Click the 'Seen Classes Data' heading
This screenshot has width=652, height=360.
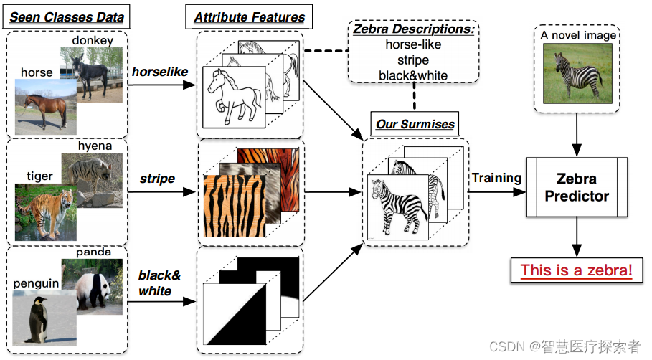(x=67, y=17)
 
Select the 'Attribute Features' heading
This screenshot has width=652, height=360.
(x=249, y=17)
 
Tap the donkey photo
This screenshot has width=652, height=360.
(x=91, y=73)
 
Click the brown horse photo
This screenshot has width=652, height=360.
(x=42, y=104)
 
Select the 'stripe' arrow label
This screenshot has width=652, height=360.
(x=157, y=178)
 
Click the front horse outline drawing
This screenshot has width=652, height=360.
(x=234, y=97)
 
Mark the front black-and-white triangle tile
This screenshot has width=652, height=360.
(x=233, y=313)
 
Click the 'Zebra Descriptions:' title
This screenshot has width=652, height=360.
(x=412, y=30)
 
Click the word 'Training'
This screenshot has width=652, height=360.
(x=496, y=178)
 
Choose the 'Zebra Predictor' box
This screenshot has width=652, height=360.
(x=577, y=187)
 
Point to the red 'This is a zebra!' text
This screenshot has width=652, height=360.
(x=577, y=270)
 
